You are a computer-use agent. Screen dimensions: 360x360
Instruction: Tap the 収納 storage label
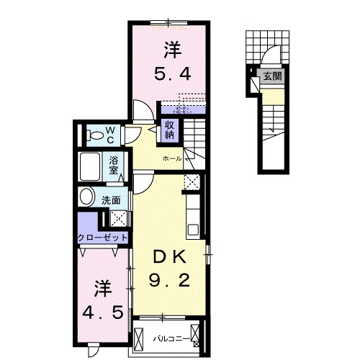(x=169, y=128)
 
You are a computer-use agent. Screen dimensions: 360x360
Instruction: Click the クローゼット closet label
(x=104, y=238)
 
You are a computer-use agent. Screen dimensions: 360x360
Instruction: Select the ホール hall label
(x=171, y=157)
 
